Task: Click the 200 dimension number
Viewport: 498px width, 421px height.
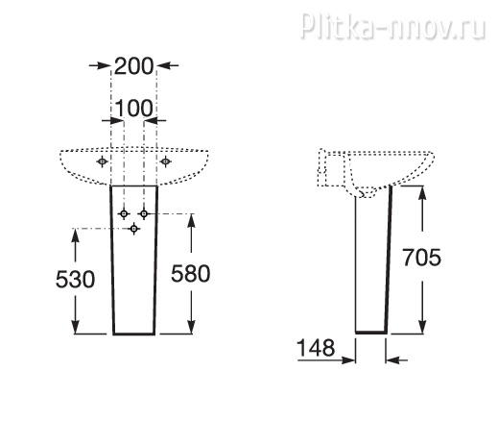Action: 133,66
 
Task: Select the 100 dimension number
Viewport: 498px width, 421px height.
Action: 133,109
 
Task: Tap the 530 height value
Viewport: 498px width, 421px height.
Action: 75,279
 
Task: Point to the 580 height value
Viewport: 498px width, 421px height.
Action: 191,273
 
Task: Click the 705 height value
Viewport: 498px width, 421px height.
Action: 422,258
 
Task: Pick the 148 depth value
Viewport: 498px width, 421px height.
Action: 316,348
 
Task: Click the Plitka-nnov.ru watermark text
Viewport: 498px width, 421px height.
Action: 393,26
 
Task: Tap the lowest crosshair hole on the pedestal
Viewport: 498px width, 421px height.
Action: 134,229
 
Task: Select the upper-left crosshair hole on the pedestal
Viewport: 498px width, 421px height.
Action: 124,213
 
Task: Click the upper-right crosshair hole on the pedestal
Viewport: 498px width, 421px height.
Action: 144,213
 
